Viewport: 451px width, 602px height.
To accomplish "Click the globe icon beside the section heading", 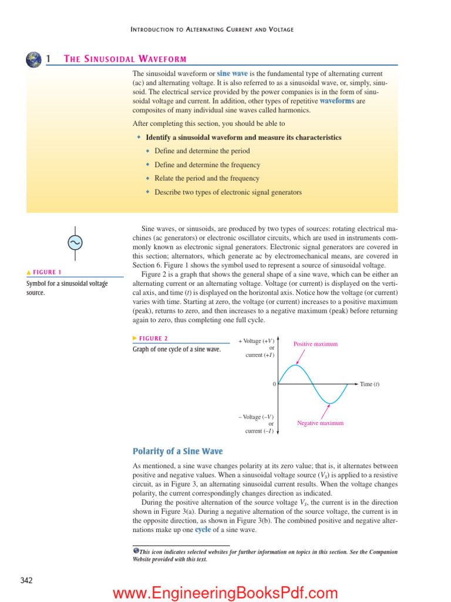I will (34, 59).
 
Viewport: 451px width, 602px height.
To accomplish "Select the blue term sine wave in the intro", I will (232, 74).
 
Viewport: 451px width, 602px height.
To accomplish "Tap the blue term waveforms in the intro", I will (336, 101).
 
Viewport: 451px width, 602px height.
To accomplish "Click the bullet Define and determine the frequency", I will (207, 165).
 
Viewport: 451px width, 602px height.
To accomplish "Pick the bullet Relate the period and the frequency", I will (206, 178).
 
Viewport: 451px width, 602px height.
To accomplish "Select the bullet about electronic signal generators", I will (228, 192).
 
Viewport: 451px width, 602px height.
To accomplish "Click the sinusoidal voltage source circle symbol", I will (75, 242).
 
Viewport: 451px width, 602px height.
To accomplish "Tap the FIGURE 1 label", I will (46, 272).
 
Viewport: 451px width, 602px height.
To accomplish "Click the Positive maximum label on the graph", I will (315, 344).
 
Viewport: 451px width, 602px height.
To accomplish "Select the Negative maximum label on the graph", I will (320, 423).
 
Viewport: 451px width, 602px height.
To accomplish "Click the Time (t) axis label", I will (369, 384).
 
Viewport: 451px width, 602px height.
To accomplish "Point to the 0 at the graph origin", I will (274, 384).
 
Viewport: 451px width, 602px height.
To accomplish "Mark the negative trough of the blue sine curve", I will (331, 403).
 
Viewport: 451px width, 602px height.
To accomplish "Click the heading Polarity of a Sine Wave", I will (177, 451).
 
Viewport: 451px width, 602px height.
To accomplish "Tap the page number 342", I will (26, 581).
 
